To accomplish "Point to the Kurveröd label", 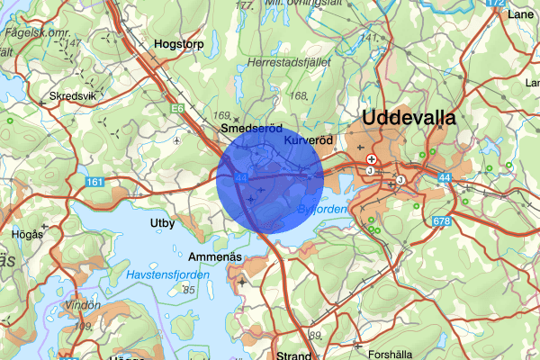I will tap(308, 141).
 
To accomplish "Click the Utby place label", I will tap(164, 221).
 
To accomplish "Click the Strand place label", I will tap(294, 355).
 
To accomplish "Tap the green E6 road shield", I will tap(180, 109).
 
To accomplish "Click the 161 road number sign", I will tap(96, 182).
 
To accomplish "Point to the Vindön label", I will tap(84, 304).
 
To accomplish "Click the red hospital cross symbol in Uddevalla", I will tap(371, 158).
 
